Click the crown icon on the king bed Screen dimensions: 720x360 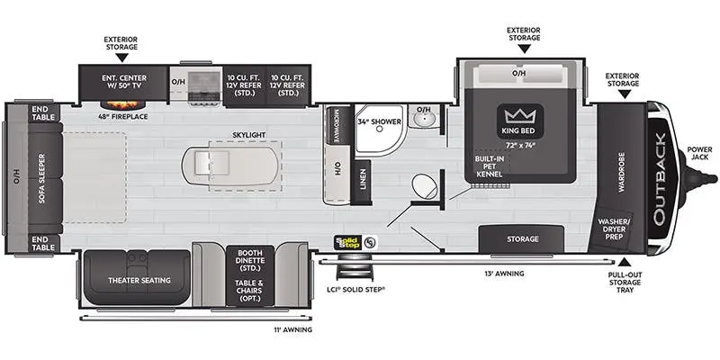[x=520, y=115]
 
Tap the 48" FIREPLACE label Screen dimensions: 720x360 [x=123, y=117]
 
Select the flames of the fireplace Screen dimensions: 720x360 [x=123, y=104]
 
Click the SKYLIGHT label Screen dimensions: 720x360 [x=249, y=135]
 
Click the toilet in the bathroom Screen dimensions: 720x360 [x=425, y=187]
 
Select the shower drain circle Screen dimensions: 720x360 [x=379, y=130]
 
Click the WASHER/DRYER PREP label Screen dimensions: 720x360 [x=614, y=229]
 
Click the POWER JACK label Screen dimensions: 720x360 [x=700, y=153]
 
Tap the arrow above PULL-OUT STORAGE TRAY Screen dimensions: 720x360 [x=625, y=262]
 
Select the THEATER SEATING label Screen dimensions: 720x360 [x=139, y=280]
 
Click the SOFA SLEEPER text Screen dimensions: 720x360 [x=42, y=178]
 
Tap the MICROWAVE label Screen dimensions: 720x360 [x=337, y=126]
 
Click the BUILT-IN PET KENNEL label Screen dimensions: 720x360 [x=490, y=166]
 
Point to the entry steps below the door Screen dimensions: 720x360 [x=354, y=269]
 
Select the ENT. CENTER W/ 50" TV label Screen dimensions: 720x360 [x=124, y=82]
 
